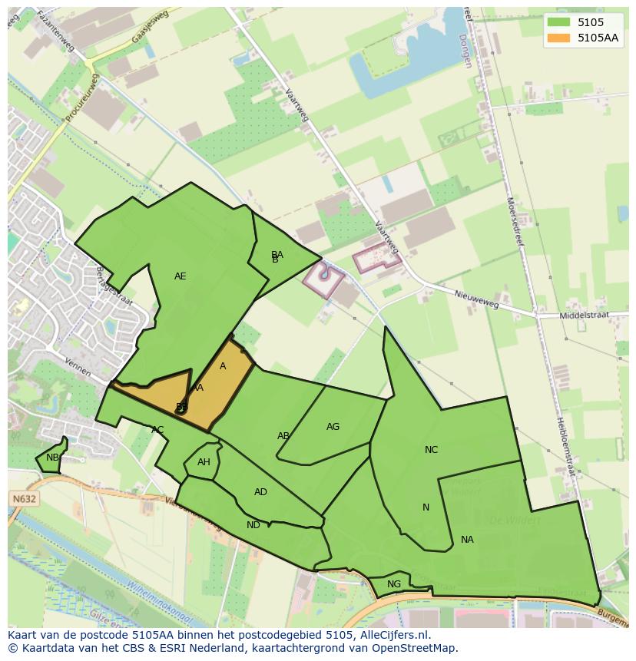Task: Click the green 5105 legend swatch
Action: coord(558,22)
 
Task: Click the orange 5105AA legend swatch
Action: coord(558,37)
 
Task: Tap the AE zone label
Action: coord(180,276)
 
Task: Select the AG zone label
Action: coord(333,427)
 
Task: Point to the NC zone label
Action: coord(431,450)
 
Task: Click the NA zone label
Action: coord(467,540)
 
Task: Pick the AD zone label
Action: coord(260,492)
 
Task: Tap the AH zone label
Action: coord(204,462)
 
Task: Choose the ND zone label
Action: coord(253,525)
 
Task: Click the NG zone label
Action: coord(394,584)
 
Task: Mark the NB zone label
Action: coord(52,458)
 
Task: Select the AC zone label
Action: coord(157,430)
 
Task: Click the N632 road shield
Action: coord(25,499)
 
